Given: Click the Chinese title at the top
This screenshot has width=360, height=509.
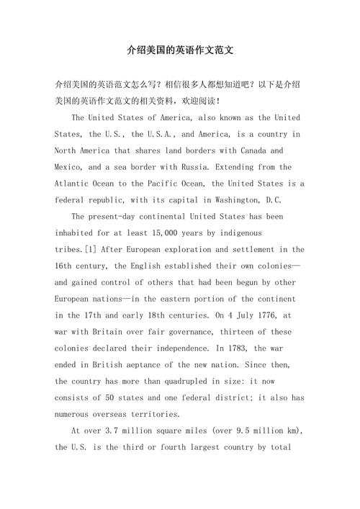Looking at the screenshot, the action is coord(179,51).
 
